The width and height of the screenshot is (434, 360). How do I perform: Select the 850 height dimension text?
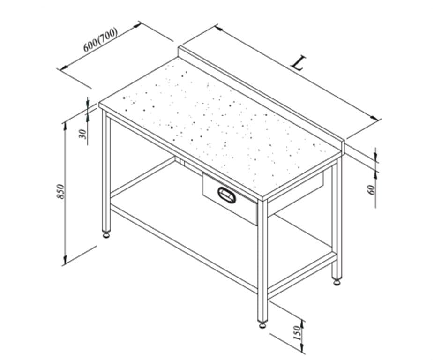click(x=60, y=191)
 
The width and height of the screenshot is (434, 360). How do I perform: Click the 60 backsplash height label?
click(x=372, y=189)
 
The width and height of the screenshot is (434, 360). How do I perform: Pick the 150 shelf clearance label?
click(x=296, y=333)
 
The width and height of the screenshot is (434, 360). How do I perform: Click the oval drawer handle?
click(x=227, y=195)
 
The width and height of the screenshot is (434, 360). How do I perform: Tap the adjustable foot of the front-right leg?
click(x=262, y=324)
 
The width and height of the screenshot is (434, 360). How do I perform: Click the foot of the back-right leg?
click(x=337, y=282)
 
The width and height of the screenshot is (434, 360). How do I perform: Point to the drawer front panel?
click(x=230, y=198)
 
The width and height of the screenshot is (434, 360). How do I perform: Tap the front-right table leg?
click(x=262, y=260)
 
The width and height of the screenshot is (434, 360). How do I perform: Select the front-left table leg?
click(x=106, y=170)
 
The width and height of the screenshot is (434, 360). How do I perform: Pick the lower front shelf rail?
click(x=184, y=248)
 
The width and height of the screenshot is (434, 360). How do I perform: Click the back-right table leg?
click(x=337, y=219)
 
